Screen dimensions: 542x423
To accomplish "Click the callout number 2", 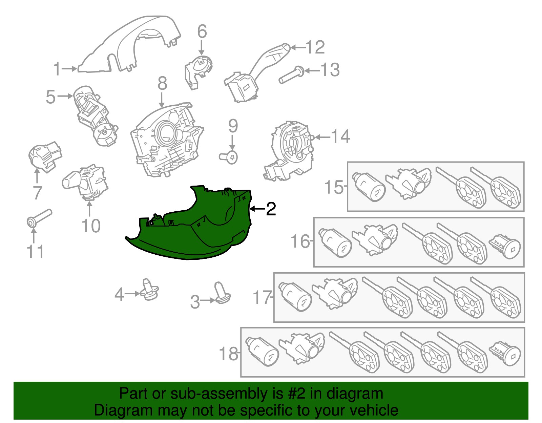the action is [x=271, y=209].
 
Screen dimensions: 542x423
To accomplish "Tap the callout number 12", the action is [x=315, y=47].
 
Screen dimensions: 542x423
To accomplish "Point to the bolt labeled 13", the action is [x=291, y=75].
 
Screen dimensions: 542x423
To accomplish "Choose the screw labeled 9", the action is [x=228, y=157].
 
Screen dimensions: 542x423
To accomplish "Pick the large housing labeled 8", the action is [x=167, y=140].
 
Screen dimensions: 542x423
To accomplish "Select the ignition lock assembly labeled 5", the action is [x=95, y=116].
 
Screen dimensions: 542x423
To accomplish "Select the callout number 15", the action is [x=334, y=187].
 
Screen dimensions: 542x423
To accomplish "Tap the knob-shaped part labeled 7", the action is [x=45, y=157].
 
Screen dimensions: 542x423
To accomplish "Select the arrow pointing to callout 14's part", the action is [x=323, y=137].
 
